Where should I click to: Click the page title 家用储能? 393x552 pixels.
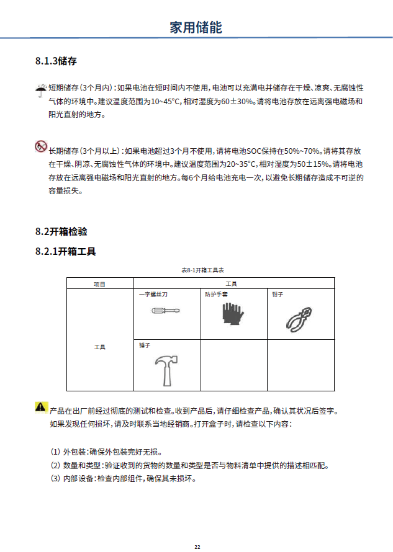(196, 27)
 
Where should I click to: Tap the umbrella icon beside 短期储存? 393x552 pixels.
(40, 90)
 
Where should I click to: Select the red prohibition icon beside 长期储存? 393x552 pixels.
(40, 147)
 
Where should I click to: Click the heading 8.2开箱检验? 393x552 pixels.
(61, 231)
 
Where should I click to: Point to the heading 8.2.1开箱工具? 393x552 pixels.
(66, 251)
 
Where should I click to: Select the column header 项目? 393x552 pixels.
(99, 284)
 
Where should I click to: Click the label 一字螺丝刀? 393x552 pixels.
(153, 294)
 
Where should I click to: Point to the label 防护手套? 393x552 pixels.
(216, 294)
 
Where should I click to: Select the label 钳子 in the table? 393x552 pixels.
(278, 294)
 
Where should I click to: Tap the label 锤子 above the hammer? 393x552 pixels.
(145, 345)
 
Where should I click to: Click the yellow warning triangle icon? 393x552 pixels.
(41, 407)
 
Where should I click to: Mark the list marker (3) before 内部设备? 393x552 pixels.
(55, 479)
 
